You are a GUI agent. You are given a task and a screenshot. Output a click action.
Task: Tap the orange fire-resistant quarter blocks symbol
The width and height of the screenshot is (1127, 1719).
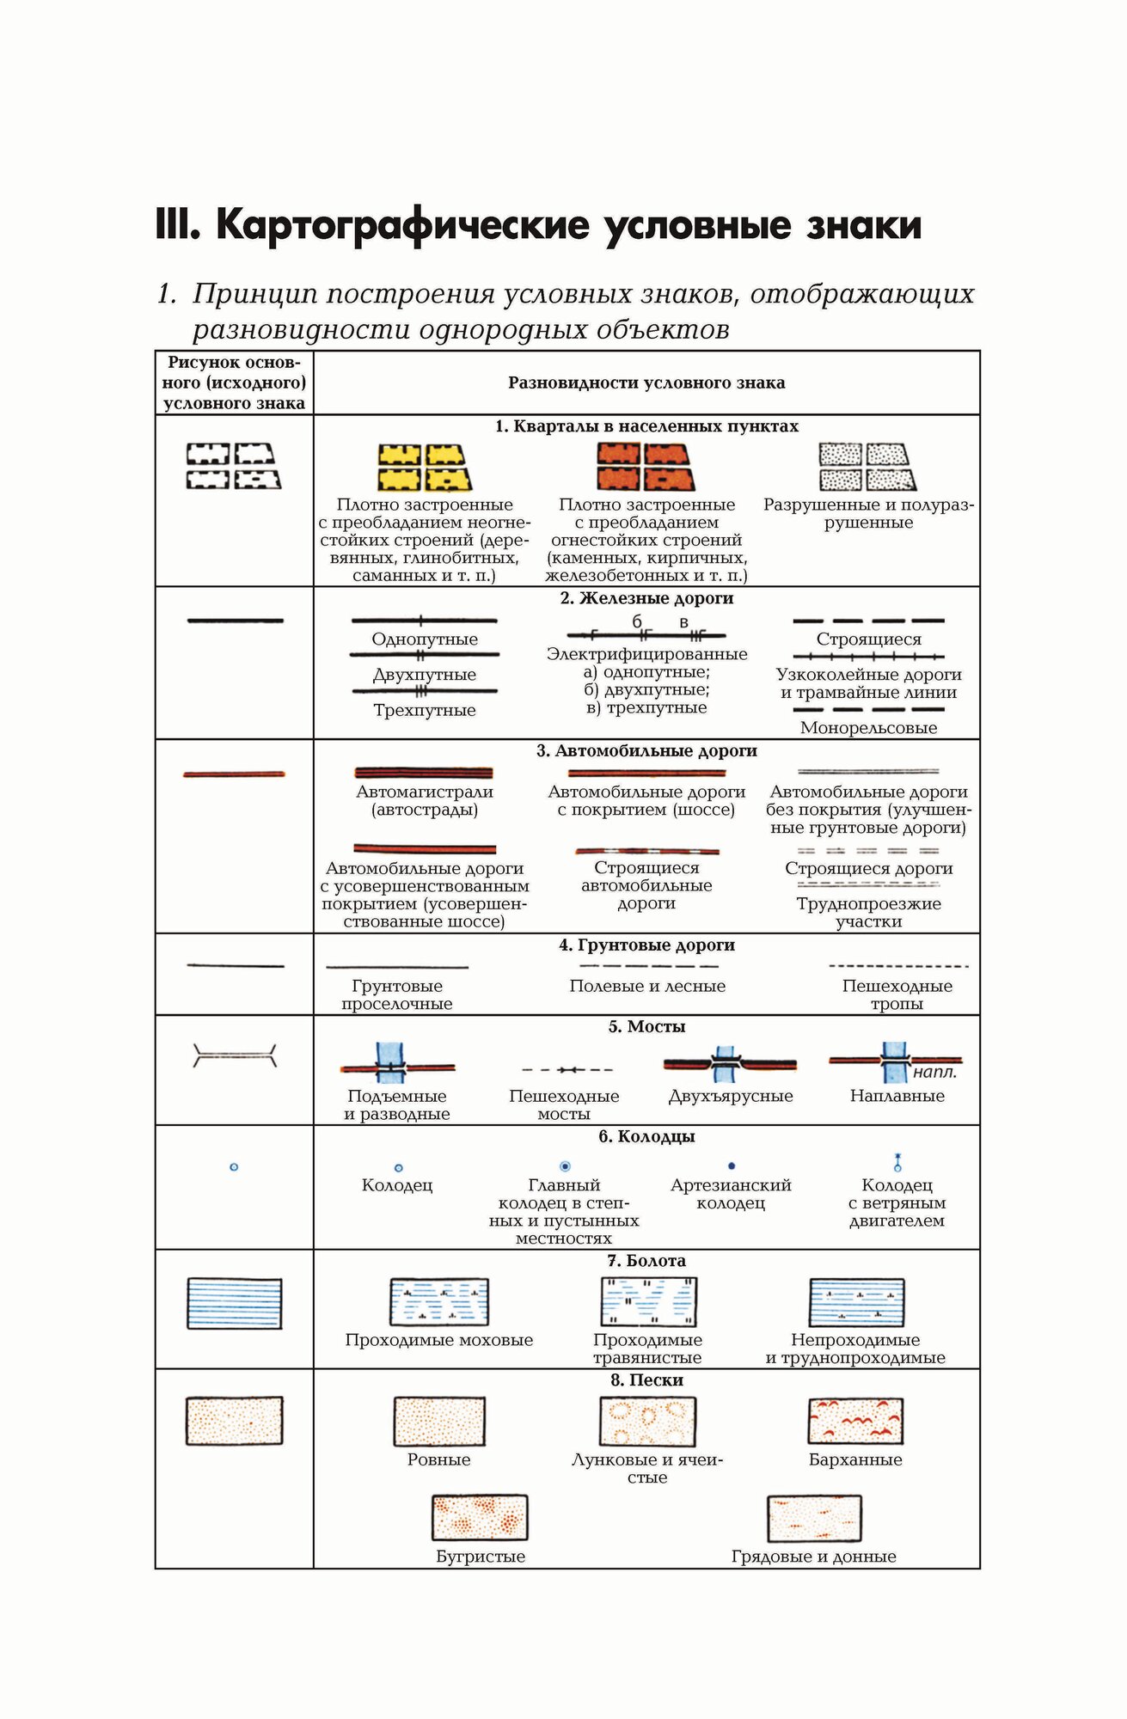point(646,467)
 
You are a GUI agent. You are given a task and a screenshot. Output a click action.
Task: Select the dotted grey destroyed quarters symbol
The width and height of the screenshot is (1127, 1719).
point(867,467)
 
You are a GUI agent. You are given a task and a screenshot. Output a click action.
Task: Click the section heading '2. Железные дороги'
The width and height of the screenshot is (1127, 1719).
point(646,598)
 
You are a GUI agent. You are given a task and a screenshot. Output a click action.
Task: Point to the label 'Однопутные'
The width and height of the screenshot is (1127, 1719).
point(425,639)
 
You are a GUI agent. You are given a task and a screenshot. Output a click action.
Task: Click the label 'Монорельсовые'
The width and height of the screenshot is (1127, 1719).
point(868,728)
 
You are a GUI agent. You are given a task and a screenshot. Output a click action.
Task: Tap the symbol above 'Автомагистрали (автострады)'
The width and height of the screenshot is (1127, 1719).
point(424,773)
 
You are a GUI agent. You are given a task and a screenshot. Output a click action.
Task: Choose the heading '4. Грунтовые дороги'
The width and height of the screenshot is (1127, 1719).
point(646,945)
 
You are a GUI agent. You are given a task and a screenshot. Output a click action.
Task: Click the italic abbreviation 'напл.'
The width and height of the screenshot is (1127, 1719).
point(934,1073)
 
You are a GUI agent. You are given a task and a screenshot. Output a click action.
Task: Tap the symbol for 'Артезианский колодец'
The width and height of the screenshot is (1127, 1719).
point(732,1166)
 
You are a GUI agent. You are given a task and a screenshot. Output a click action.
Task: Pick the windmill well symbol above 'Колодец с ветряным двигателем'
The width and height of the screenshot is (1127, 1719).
point(897,1163)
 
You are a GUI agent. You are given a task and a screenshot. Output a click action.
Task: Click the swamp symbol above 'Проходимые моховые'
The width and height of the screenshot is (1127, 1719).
point(439,1301)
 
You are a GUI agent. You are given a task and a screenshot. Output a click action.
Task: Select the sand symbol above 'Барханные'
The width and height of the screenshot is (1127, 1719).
point(855,1421)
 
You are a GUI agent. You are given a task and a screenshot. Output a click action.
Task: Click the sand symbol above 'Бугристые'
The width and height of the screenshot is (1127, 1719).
point(480,1517)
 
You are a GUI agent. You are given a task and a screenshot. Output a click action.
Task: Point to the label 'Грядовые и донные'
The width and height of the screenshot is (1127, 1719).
point(813,1557)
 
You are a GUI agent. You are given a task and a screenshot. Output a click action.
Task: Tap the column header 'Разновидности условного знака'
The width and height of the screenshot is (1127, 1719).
point(646,383)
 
